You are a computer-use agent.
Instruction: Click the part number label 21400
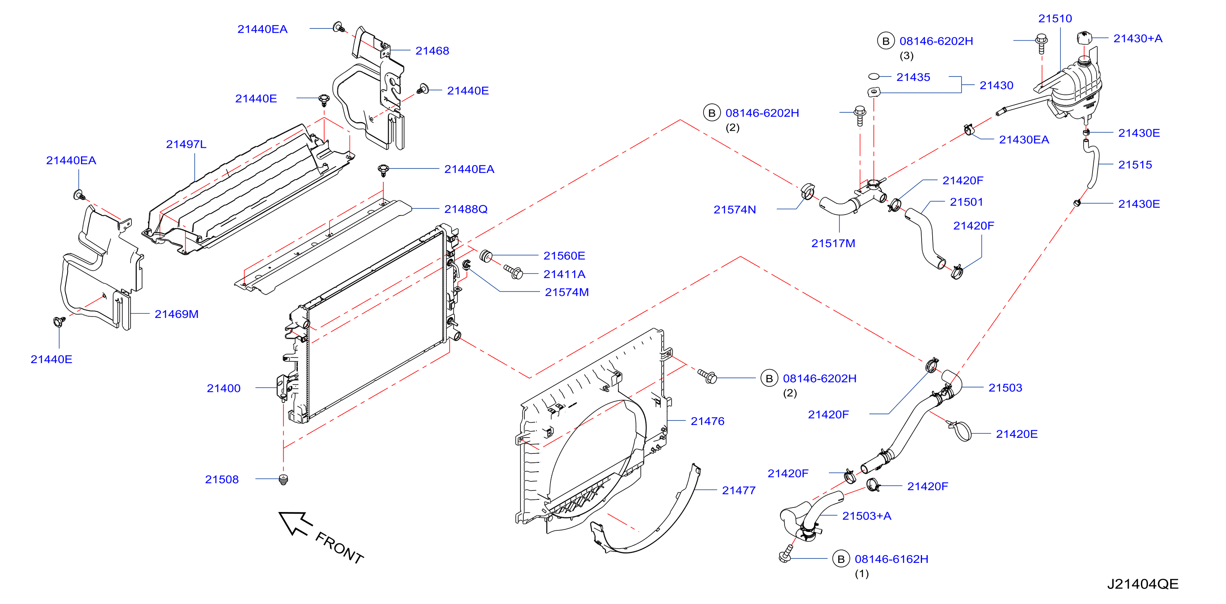coord(223,388)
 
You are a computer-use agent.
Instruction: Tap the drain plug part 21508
coord(284,479)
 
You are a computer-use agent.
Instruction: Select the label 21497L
coord(186,144)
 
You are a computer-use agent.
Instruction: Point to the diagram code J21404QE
coord(1142,584)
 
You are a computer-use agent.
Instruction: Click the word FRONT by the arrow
coord(339,548)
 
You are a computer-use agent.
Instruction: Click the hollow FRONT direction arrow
coord(295,523)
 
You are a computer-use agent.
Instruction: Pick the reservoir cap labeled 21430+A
coord(1084,37)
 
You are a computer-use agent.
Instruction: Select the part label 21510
coord(1055,19)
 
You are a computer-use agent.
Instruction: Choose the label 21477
coord(738,490)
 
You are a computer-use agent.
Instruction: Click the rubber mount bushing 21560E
coord(485,256)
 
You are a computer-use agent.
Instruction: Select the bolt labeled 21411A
coord(514,272)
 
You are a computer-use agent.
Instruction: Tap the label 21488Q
coord(465,209)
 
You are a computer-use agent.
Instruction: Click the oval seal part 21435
coord(873,76)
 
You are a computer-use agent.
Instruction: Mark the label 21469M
coord(176,314)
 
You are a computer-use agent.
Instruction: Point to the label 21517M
coord(833,243)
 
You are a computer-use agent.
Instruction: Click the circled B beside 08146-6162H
coord(841,559)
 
